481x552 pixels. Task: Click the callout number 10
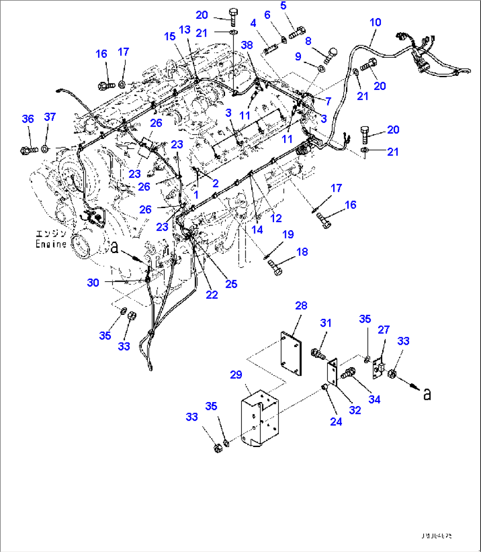coord(375,22)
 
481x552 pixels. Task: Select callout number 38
coord(247,45)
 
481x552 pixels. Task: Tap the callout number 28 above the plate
coord(301,306)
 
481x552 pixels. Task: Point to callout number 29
coord(236,375)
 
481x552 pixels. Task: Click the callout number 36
coord(28,119)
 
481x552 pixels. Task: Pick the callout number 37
coord(50,117)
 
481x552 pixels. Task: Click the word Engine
coord(51,244)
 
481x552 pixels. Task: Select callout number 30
coord(93,283)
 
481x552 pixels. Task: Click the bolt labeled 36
coord(27,150)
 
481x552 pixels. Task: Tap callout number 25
coord(231,284)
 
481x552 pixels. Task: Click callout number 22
coord(212,295)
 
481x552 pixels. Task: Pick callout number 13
coord(185,30)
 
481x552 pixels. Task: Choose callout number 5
coord(283,6)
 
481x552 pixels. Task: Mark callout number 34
coord(374,399)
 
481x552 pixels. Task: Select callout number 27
coord(384,330)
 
